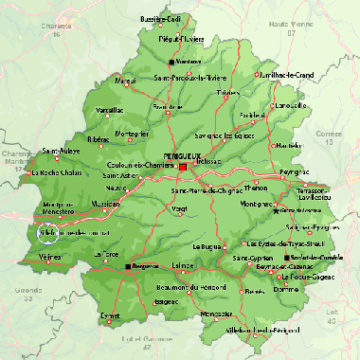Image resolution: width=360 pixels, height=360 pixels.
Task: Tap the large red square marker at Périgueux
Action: click(x=183, y=167)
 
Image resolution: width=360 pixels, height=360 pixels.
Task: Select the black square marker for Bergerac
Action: click(x=128, y=266)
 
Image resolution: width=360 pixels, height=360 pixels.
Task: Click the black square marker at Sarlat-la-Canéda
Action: click(x=289, y=256)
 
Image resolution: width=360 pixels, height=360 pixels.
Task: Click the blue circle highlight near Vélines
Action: click(x=45, y=230)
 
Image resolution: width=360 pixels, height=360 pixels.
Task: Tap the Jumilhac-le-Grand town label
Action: click(x=279, y=75)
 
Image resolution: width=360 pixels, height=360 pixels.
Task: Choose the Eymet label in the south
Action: click(x=112, y=314)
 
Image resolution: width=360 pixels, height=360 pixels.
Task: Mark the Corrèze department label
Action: click(x=330, y=135)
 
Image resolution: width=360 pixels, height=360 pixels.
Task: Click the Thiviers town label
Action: click(x=227, y=93)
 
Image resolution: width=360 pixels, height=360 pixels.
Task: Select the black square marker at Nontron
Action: click(x=171, y=63)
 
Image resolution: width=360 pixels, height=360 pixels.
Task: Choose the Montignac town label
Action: click(x=258, y=204)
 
